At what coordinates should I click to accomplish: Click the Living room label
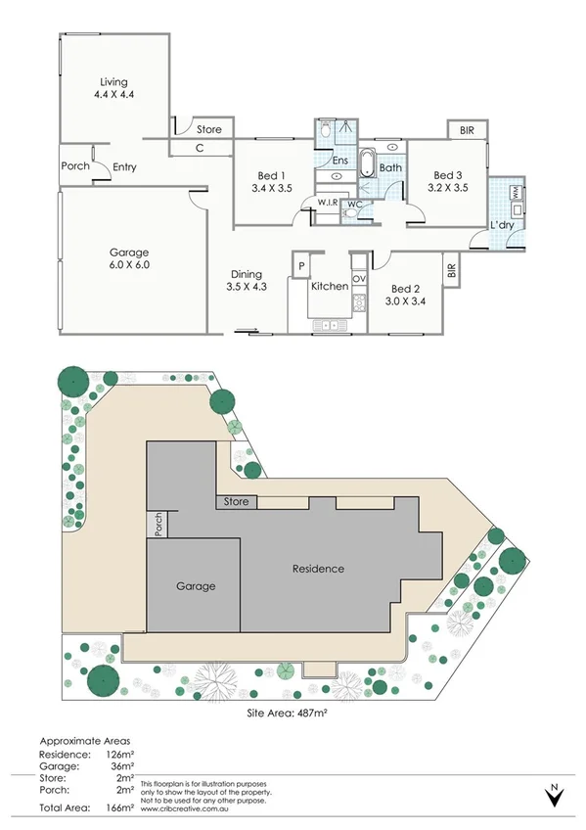[113, 82]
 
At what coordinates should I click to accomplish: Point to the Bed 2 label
[405, 289]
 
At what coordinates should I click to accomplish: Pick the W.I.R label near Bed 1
[326, 203]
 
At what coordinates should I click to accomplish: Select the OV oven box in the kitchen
[359, 279]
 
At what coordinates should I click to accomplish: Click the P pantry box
[302, 265]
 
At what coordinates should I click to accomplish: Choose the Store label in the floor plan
[208, 129]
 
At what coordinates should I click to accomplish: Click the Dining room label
[246, 275]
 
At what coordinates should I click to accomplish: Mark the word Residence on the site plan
[318, 568]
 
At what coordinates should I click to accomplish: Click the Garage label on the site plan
[196, 586]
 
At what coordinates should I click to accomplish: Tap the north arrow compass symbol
[555, 795]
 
